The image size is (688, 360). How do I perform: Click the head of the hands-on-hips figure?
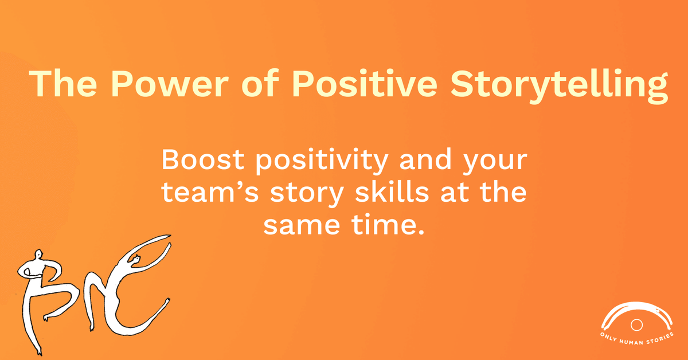click(x=39, y=256)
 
